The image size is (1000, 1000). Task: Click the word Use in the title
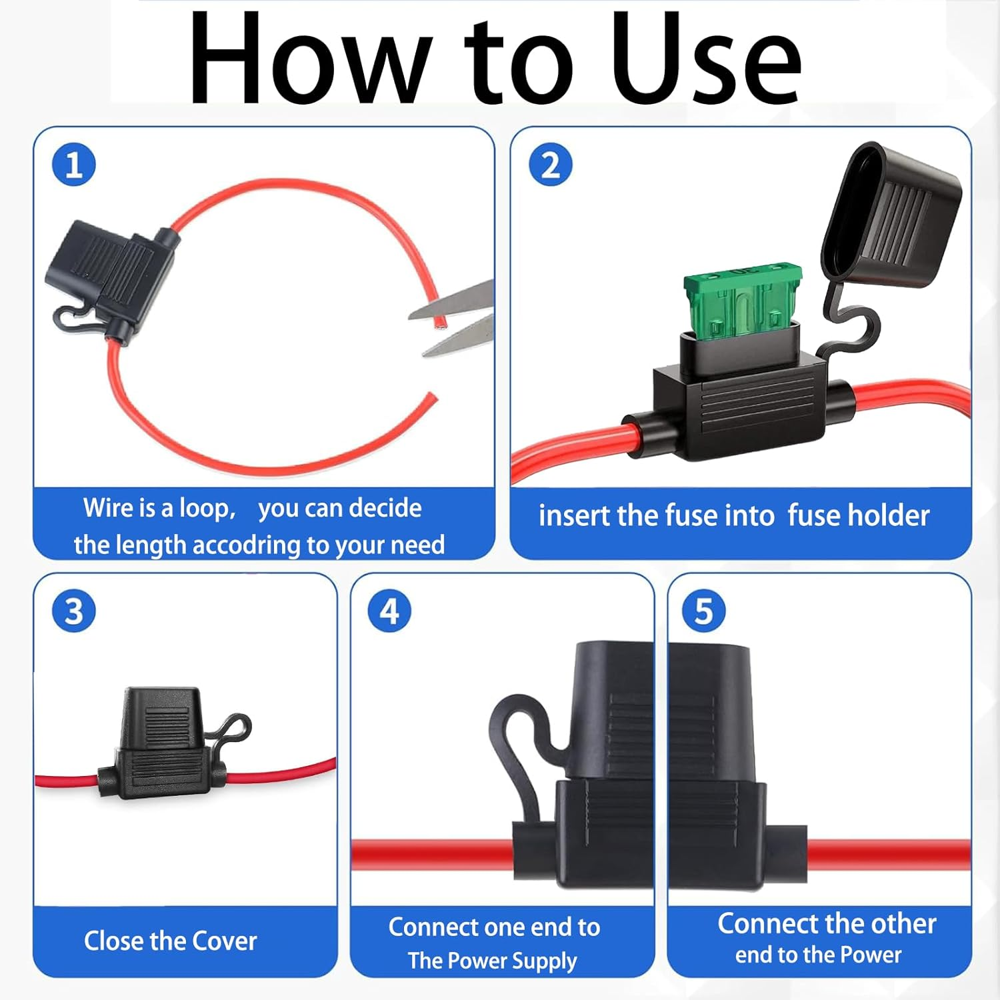point(707,59)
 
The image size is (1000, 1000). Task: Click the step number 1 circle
point(74,165)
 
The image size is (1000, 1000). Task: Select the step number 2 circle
point(551,165)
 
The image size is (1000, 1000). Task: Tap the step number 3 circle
point(74,611)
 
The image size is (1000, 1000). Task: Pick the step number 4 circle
point(390,611)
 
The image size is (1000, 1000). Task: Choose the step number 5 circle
point(704,611)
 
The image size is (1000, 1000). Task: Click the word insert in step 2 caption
point(574,515)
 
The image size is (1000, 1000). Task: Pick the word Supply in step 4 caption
point(544,961)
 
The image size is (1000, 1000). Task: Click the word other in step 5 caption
point(903,923)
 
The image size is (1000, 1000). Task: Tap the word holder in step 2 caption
point(892,515)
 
